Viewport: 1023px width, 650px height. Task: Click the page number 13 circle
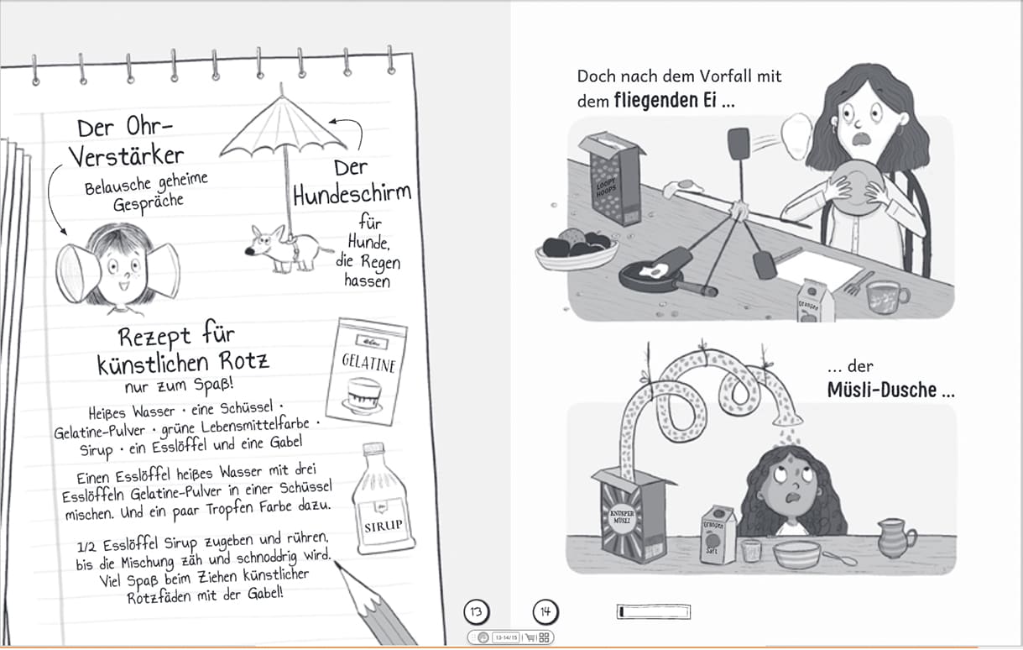pos(477,611)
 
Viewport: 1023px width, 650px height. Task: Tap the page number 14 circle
pos(545,611)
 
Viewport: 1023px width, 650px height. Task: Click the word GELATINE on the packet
pos(368,364)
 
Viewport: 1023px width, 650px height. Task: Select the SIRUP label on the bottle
pos(384,526)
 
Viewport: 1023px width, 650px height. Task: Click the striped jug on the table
pos(895,538)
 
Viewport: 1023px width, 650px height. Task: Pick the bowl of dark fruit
pos(577,249)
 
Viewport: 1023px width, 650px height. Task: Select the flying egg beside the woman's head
pos(797,136)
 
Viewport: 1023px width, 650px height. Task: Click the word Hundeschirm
pos(352,195)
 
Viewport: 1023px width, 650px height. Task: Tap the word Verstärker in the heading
pos(127,156)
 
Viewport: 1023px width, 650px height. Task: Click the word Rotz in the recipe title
pos(244,360)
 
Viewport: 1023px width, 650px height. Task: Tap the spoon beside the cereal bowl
pos(839,558)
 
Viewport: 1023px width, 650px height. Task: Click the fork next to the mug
pos(858,282)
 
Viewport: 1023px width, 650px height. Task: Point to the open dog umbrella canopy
pos(282,126)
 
